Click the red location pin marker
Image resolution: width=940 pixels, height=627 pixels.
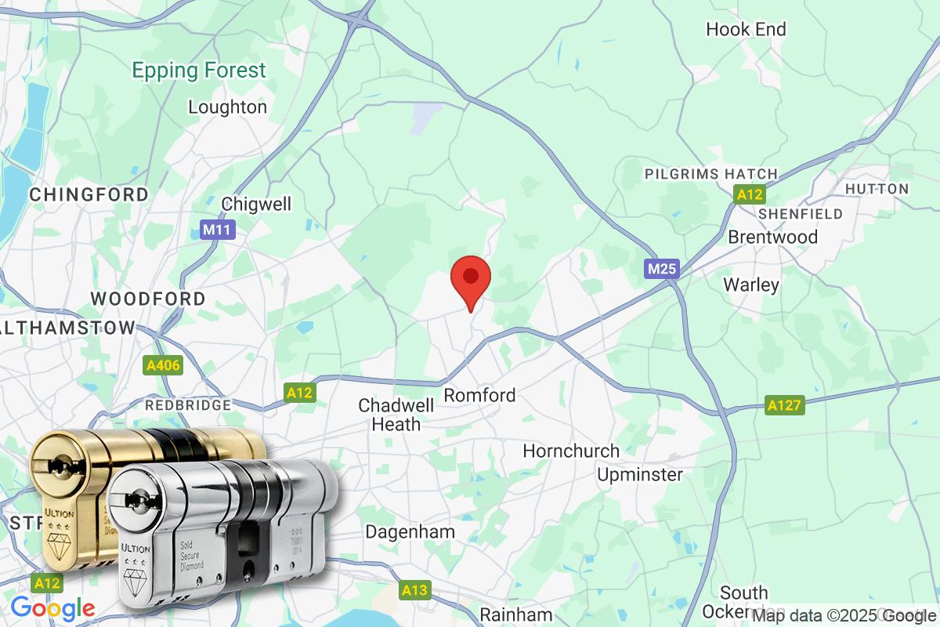(x=471, y=279)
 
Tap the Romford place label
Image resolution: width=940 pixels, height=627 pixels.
(x=479, y=395)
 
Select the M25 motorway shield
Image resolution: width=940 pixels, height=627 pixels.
(x=662, y=269)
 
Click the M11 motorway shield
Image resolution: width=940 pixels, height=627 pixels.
(x=217, y=230)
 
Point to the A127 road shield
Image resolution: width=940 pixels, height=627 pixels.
(x=785, y=405)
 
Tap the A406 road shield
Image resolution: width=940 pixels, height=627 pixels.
(x=163, y=365)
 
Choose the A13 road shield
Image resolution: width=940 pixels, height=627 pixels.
(x=414, y=590)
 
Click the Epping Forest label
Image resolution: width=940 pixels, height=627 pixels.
(x=199, y=71)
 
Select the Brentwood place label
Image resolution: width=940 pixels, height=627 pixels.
(x=772, y=237)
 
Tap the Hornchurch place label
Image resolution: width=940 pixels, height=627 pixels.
(x=571, y=451)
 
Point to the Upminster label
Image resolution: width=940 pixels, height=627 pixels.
(x=639, y=474)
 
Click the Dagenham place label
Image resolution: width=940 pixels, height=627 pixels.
(x=410, y=531)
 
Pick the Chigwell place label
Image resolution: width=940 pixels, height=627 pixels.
(x=256, y=204)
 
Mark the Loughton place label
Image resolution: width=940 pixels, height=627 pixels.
(x=227, y=107)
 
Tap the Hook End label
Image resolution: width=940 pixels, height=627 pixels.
(x=746, y=30)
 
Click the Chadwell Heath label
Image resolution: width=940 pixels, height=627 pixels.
(x=389, y=415)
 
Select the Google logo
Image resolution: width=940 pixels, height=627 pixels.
(x=52, y=607)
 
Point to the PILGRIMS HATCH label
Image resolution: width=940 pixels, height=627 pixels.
(x=710, y=173)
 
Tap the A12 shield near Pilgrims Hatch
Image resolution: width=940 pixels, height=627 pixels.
(x=749, y=194)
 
